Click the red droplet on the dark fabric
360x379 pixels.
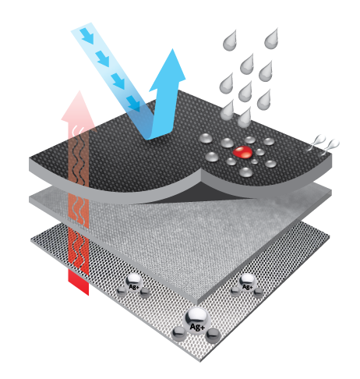(x=242, y=152)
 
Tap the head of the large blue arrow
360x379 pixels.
(x=169, y=70)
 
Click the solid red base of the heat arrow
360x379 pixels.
(x=79, y=282)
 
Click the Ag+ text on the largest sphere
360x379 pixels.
(x=197, y=327)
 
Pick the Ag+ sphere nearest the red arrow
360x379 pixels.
(x=133, y=283)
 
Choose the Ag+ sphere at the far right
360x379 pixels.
(x=247, y=282)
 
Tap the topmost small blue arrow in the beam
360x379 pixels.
(x=86, y=36)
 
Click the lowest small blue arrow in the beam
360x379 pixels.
(x=133, y=104)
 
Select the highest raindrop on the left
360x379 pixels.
(x=230, y=41)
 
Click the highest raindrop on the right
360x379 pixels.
(x=271, y=39)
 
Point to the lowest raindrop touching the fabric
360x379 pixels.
(x=244, y=118)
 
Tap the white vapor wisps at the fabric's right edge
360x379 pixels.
(x=323, y=144)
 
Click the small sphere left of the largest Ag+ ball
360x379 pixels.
(x=179, y=334)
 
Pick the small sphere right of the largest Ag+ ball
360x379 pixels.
(x=213, y=335)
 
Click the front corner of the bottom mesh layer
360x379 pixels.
(x=200, y=361)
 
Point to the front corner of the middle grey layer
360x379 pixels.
(x=197, y=304)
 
